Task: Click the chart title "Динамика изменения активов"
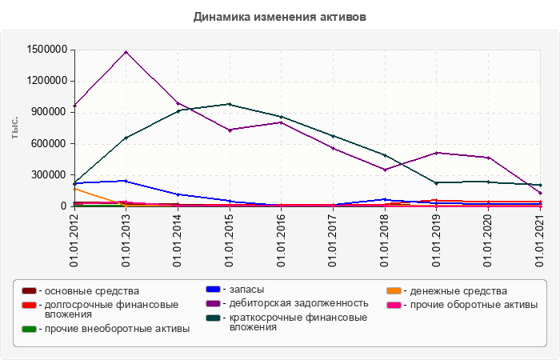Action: pos(280,16)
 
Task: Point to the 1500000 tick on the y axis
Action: pos(46,50)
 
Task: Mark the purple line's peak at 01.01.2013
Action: pos(126,52)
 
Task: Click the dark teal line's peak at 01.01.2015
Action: pos(230,104)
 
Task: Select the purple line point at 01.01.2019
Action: pos(436,153)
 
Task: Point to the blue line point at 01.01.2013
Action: pos(126,181)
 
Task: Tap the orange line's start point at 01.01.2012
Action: pos(74,189)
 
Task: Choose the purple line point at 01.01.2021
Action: pos(540,193)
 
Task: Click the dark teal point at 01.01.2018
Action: pos(385,155)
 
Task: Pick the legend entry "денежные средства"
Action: pos(455,291)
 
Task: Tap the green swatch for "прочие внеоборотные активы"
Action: pos(29,329)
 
